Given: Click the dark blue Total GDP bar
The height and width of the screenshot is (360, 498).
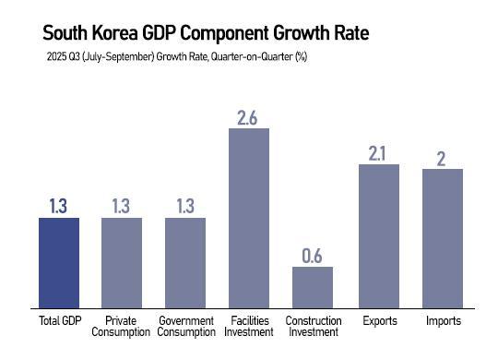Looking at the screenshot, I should [59, 263].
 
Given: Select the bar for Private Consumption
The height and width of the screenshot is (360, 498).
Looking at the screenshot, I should [122, 263].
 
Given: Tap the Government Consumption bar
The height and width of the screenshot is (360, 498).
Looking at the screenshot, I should [185, 263].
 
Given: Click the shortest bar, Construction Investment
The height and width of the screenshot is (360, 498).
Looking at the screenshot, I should [313, 287].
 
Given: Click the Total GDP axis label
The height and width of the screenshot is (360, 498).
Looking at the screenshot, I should [59, 320].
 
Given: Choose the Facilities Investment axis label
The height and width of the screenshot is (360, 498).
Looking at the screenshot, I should [249, 326].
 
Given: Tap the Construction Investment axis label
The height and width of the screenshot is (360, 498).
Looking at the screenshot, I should [313, 326].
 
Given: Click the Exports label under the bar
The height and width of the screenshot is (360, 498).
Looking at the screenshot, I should [378, 320].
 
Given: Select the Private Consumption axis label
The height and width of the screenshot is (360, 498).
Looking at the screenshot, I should [122, 326].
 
